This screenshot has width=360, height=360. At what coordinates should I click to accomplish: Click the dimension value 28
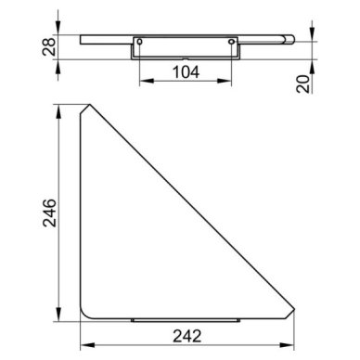coord(49,46)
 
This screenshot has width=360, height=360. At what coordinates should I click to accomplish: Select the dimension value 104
coord(186,72)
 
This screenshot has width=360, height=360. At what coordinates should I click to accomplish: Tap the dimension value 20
coord(303,84)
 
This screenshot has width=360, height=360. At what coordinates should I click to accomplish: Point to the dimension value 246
coord(49,213)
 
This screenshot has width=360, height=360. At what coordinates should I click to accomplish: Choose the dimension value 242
coord(187,336)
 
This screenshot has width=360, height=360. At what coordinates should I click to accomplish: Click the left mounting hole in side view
coord(139,42)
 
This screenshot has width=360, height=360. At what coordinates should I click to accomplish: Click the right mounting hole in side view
coord(231,42)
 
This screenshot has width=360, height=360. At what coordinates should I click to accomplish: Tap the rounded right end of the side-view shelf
coord(289,40)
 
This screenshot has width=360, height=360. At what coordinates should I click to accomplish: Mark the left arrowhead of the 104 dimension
coord(147,81)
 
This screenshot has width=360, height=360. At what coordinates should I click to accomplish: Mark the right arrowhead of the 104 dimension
coord(225,81)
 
